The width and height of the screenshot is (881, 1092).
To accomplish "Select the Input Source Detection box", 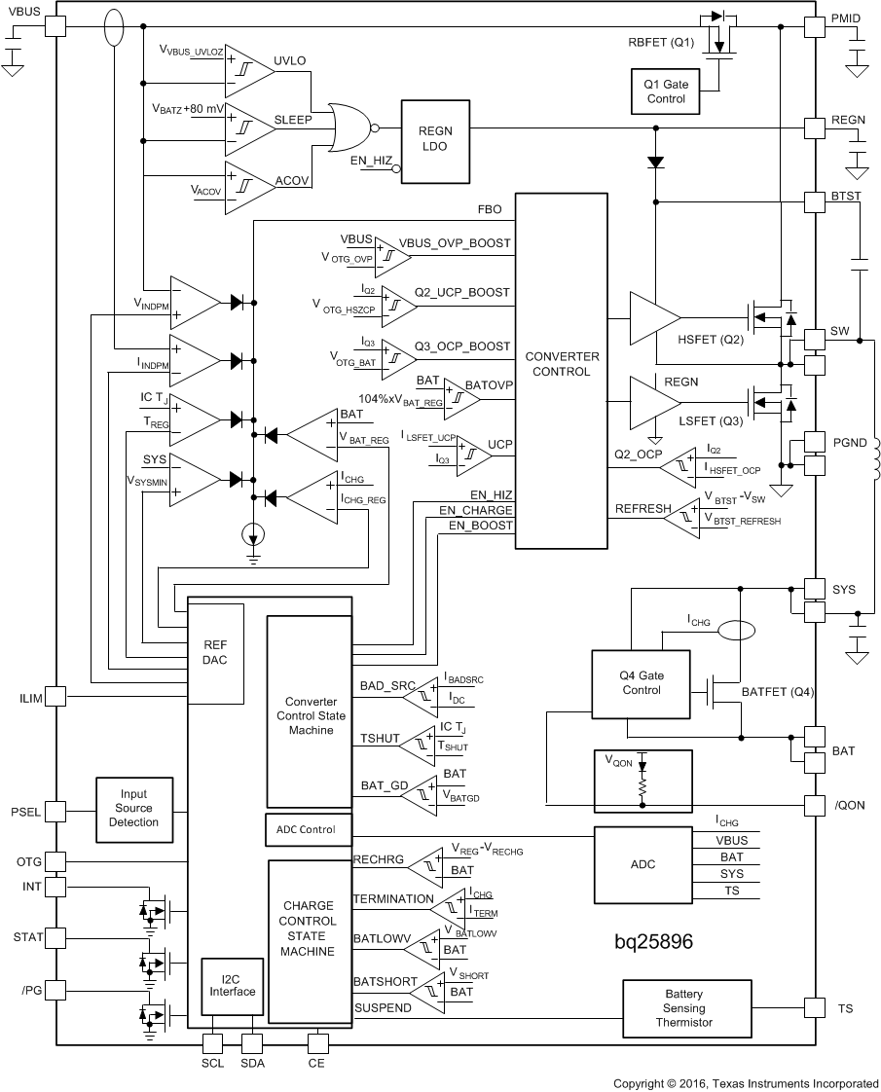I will click(x=134, y=809).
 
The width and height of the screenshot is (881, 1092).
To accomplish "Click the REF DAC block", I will click(x=215, y=651).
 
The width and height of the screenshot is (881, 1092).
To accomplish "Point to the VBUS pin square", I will click(x=55, y=28).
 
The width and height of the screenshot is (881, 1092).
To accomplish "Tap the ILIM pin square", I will click(x=55, y=696).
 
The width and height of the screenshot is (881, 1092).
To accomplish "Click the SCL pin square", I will click(x=212, y=1043).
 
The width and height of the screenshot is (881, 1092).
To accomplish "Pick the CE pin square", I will click(x=316, y=1043).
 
